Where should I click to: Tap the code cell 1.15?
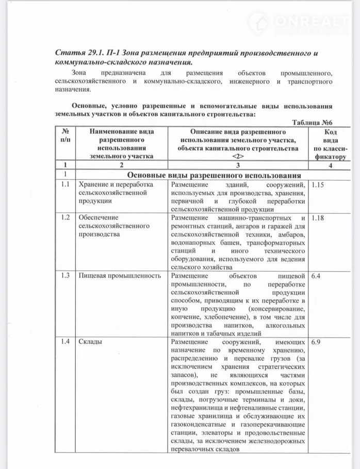tap(318, 185)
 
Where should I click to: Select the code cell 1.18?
tap(318, 217)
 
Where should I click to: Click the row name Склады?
tap(90, 342)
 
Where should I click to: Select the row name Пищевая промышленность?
tap(120, 276)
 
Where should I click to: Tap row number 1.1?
tap(65, 185)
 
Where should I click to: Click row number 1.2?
tap(65, 217)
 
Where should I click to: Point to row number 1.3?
tap(65, 276)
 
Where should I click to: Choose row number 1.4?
tap(65, 342)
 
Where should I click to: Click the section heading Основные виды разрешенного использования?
tap(214, 175)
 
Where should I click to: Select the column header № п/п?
tap(65, 136)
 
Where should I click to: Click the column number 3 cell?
tap(238, 165)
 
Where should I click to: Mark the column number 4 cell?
tap(330, 165)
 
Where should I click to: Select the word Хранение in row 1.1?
tap(93, 185)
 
